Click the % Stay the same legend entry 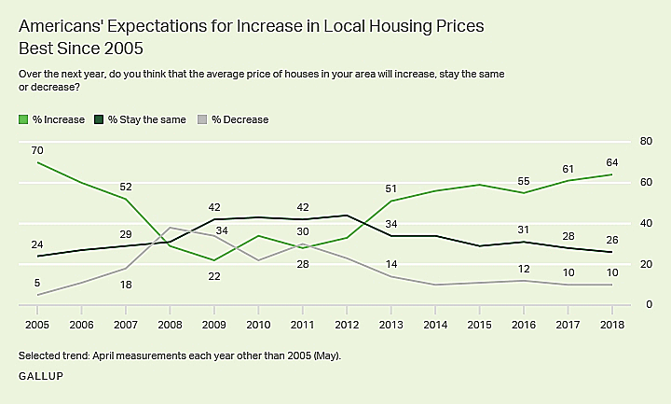[146, 119]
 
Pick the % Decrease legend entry [239, 119]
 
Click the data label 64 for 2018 [612, 162]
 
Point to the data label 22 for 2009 [213, 275]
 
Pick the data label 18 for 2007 [125, 284]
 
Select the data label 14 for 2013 [391, 264]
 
